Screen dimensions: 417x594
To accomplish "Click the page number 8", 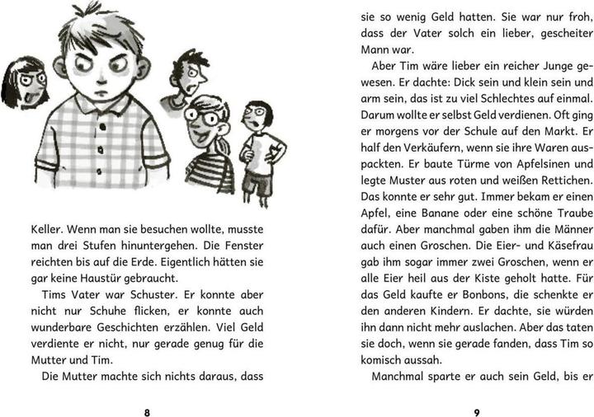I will click(147, 390).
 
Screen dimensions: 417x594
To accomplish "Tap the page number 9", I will click(476, 390).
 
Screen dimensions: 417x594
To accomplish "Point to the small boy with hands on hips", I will click(261, 148).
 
